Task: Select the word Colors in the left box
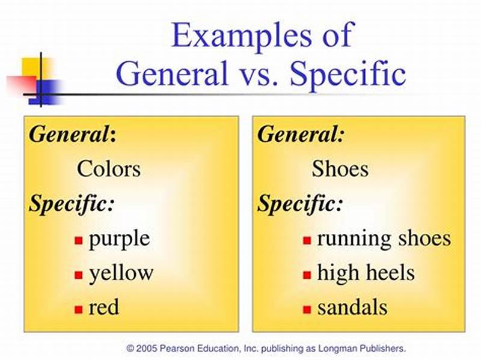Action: coord(108,169)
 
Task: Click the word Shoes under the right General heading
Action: coord(340,169)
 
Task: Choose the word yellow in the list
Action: coord(121,273)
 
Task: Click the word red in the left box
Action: coord(103,308)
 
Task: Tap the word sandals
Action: coord(352,308)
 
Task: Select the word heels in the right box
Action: coord(391,273)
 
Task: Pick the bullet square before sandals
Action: coord(307,310)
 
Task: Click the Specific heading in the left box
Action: coord(72,204)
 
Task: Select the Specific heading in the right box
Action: coord(300,204)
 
